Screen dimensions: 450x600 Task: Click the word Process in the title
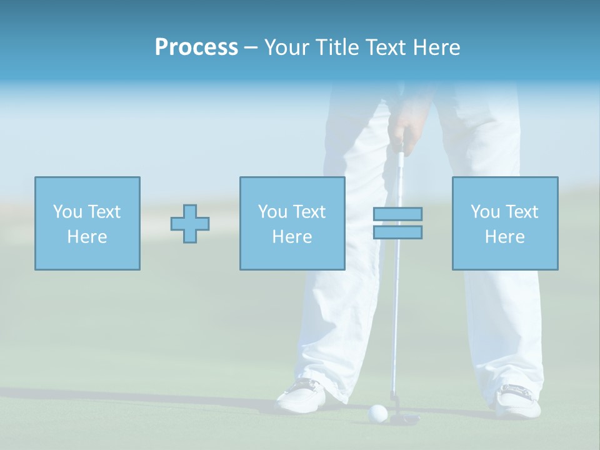coord(196,47)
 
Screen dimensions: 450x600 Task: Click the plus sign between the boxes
coord(190,223)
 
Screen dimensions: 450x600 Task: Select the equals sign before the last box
coord(397,223)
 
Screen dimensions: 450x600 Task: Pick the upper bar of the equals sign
coord(397,214)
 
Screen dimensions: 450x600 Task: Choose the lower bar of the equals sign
coord(397,232)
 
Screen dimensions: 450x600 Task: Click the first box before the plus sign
coord(87,223)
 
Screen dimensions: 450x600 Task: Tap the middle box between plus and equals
coord(292,223)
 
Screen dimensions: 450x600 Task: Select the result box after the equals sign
coord(504,223)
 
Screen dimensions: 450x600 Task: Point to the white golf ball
coord(378,412)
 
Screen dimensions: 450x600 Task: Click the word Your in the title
coord(286,47)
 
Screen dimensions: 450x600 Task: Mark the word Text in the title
coord(382,47)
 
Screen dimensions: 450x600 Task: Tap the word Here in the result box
coord(504,237)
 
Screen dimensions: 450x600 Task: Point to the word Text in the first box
coord(104,212)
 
